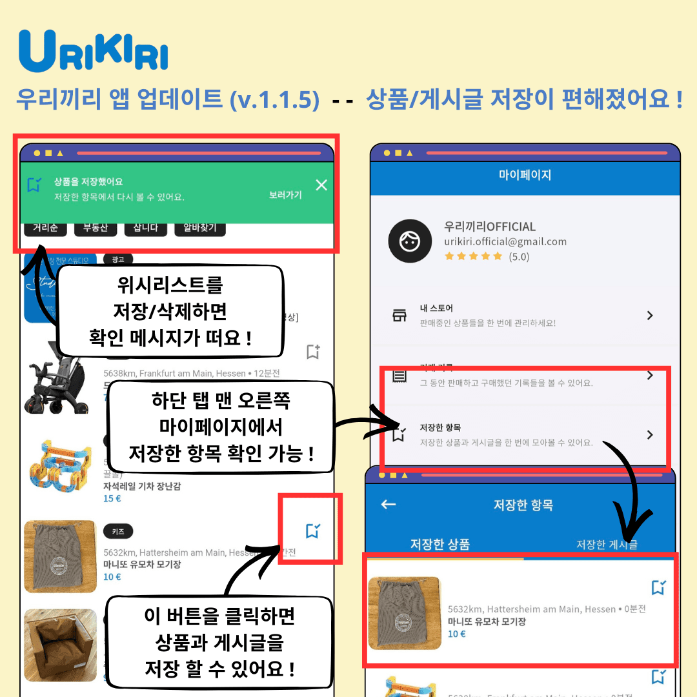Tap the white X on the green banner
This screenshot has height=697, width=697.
[x=321, y=185]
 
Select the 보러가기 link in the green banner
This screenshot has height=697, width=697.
[x=285, y=194]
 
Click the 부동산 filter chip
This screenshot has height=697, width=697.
[x=96, y=228]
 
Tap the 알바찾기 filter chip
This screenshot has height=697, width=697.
[x=200, y=228]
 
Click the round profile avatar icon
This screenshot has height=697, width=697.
[x=409, y=241]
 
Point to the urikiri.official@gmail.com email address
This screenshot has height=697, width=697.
[x=505, y=241]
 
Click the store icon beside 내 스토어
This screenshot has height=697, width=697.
[x=399, y=316]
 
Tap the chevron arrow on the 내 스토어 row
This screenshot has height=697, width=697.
[x=650, y=316]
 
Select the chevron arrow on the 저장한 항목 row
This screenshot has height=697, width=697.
[x=650, y=435]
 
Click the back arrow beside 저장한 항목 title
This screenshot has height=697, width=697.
[x=389, y=505]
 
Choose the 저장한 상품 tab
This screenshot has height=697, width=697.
[x=440, y=544]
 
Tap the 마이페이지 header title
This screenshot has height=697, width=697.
[x=525, y=175]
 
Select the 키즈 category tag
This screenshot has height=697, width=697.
[x=118, y=531]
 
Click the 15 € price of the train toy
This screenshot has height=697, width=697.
[x=112, y=498]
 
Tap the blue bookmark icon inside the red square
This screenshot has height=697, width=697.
[x=313, y=531]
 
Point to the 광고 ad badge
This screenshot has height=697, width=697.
[x=118, y=259]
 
